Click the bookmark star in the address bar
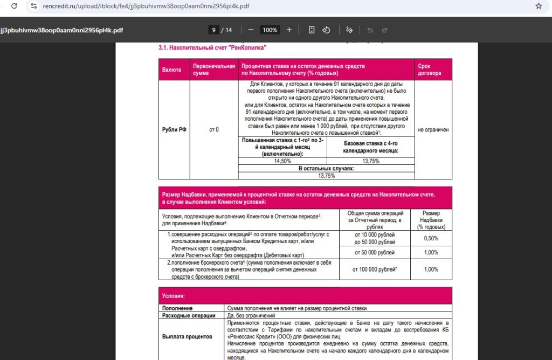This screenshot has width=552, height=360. point(539,6)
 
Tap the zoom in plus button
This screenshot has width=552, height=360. point(289,30)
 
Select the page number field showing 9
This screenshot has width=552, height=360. point(214,30)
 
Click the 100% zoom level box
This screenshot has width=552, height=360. point(270,30)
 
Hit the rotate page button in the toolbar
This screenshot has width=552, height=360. point(326,30)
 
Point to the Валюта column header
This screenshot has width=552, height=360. point(171,70)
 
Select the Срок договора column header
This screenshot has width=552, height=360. point(430,70)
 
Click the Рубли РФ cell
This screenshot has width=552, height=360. point(174,129)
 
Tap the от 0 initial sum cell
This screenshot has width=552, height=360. point(213,129)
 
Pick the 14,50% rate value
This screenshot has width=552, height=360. point(282,161)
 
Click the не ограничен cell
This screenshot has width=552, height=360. point(433,129)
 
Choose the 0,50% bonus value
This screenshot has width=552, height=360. point(431,238)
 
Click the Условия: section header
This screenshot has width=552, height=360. point(174,296)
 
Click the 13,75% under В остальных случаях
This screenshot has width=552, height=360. point(326,175)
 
